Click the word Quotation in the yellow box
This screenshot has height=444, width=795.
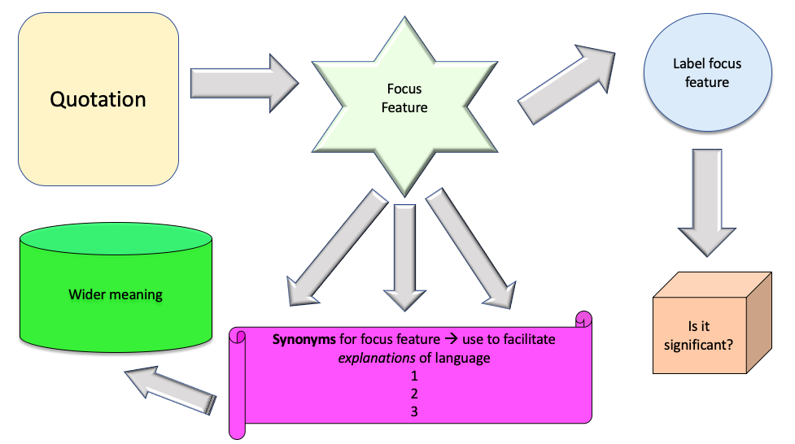click(98, 99)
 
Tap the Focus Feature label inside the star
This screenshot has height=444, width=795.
click(404, 98)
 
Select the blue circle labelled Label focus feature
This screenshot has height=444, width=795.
click(706, 73)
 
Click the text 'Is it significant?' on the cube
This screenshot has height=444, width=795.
click(700, 336)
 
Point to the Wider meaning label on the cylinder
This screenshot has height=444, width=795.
click(116, 294)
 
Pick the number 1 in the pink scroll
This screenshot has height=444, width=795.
click(414, 376)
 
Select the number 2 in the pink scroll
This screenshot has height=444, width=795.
click(414, 394)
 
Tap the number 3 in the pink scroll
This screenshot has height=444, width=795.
click(414, 411)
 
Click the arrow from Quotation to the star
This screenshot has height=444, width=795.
click(243, 82)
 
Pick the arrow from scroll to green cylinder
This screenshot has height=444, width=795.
click(172, 390)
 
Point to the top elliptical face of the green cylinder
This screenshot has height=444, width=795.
click(116, 237)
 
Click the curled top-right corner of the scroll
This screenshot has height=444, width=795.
click(583, 319)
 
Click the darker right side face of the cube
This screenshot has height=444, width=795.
click(762, 325)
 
